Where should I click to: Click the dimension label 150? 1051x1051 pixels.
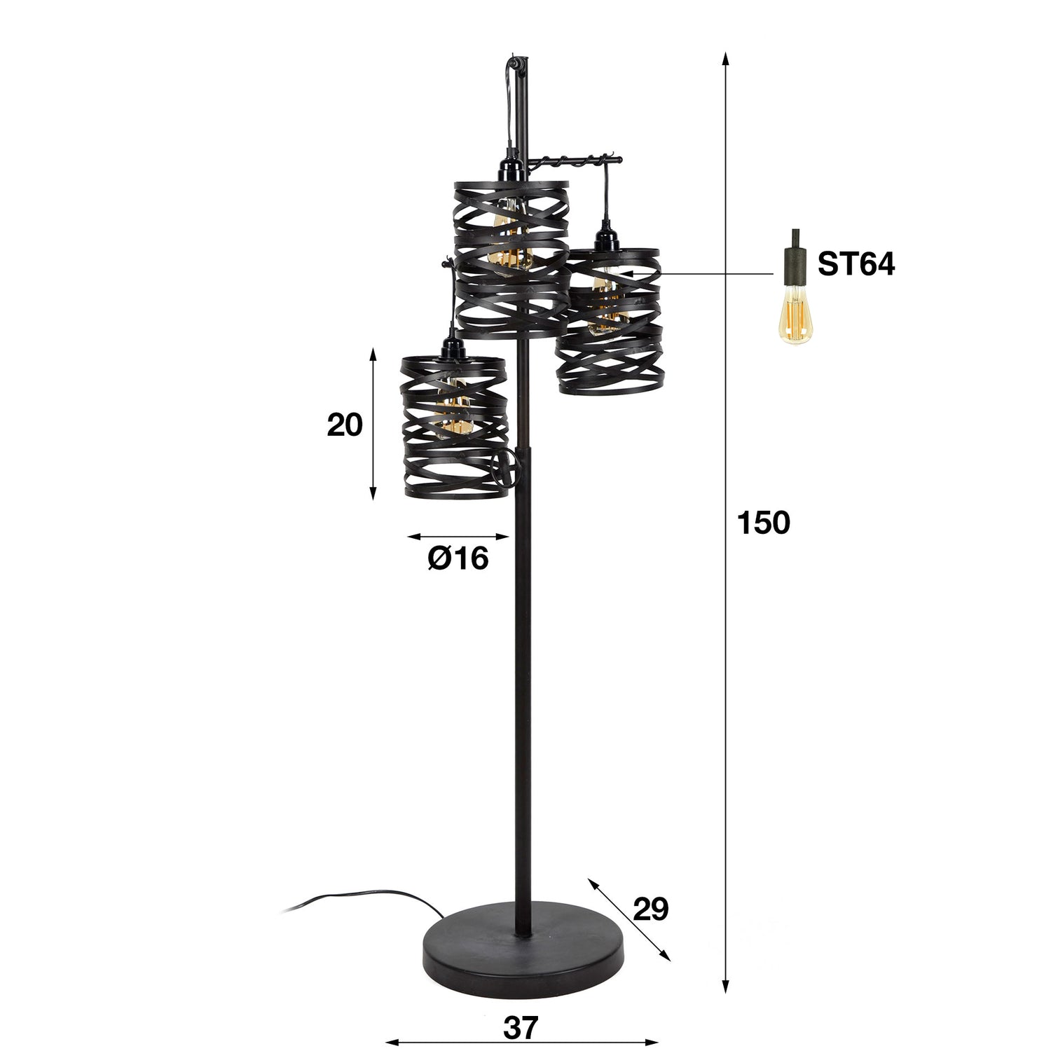pos(763,523)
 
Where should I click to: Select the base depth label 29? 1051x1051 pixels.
pos(650,909)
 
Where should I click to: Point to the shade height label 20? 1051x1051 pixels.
pos(345,425)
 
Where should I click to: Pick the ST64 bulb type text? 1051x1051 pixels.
pos(856,266)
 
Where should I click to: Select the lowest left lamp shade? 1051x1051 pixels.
pos(453,427)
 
